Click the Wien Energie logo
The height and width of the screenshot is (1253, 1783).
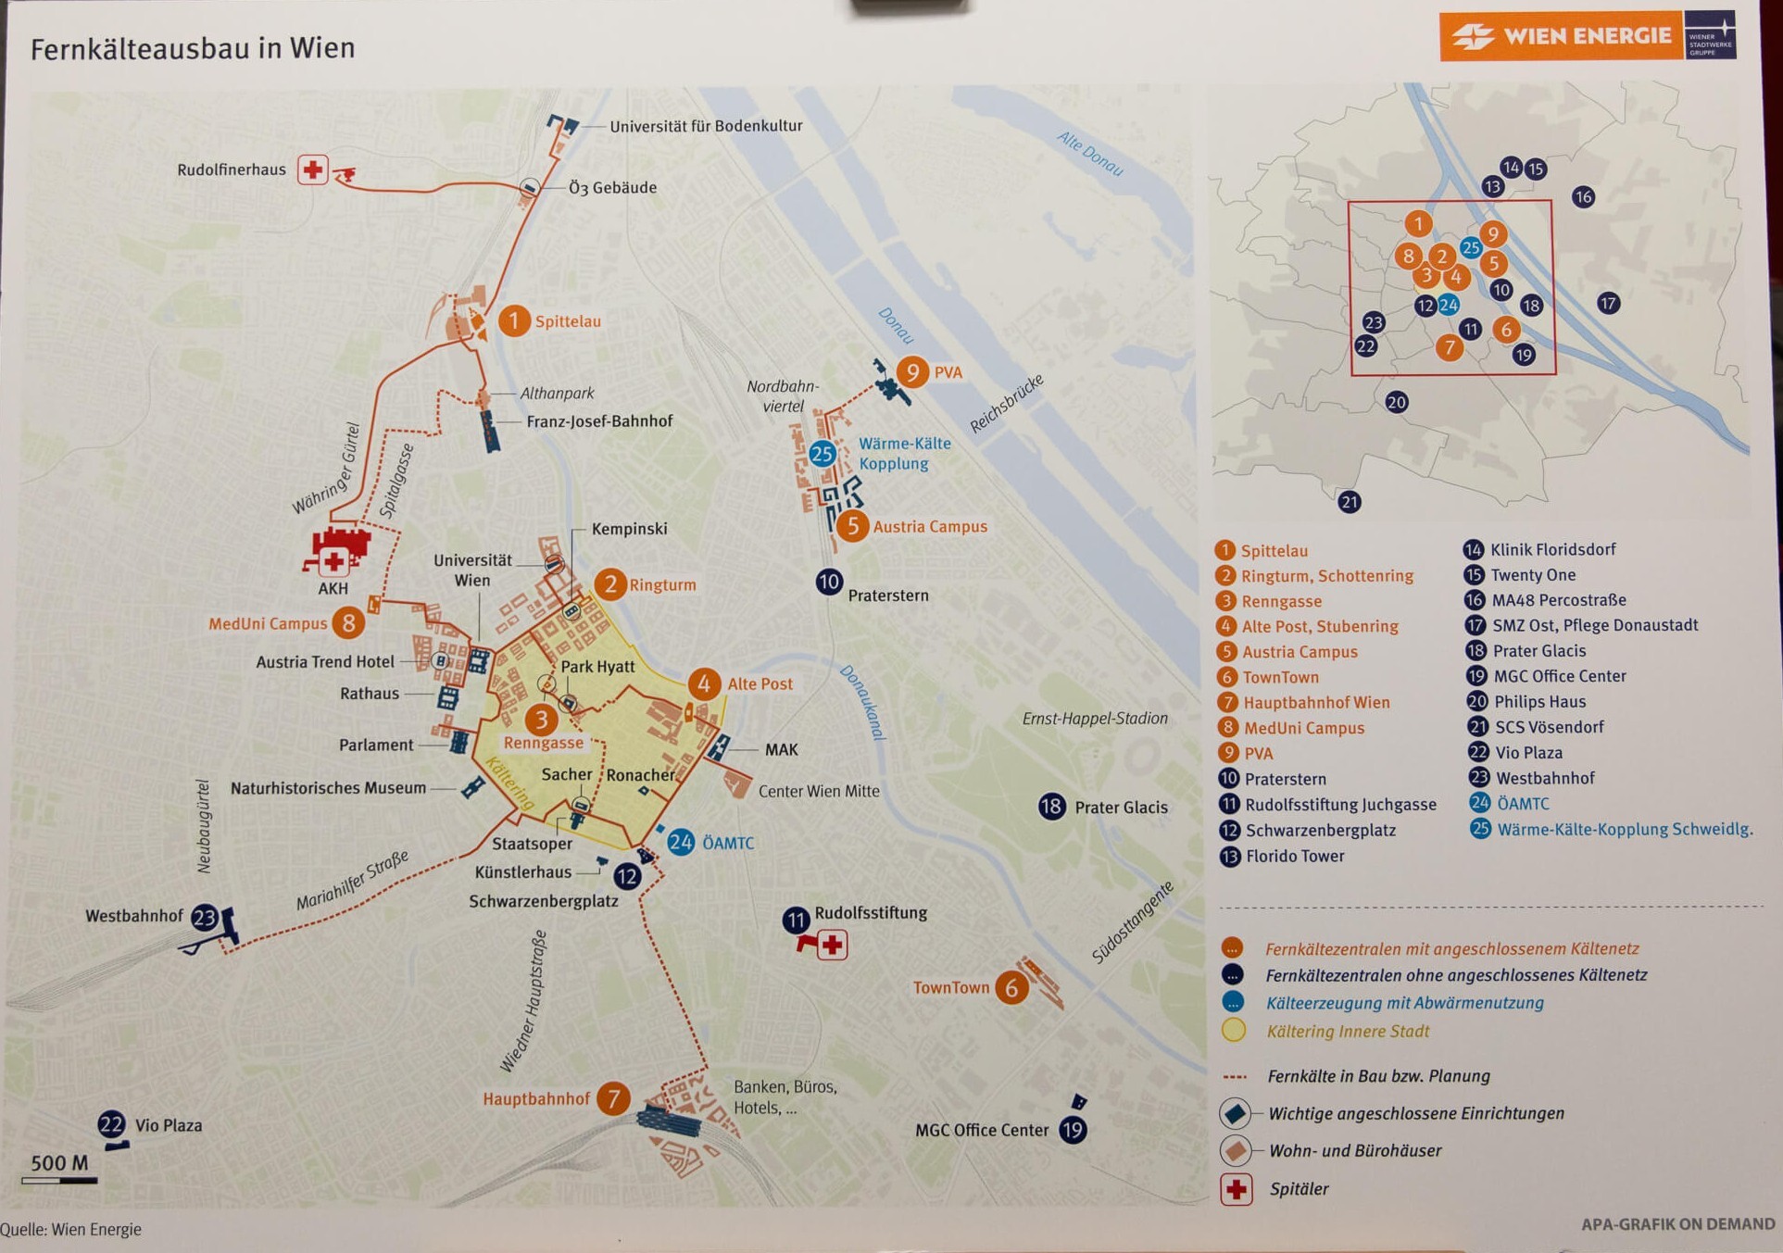[1588, 36]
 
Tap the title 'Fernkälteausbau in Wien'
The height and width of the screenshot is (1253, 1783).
[193, 48]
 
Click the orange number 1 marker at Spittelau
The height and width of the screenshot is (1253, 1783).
[514, 321]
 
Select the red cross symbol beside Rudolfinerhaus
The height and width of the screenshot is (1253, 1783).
[313, 170]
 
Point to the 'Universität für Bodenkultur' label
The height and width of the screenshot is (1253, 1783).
[706, 126]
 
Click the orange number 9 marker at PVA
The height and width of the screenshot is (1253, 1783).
[912, 372]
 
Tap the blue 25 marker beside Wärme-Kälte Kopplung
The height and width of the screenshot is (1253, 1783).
[822, 454]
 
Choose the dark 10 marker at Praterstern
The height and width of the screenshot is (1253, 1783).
[828, 583]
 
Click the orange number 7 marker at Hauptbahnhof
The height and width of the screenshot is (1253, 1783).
[613, 1099]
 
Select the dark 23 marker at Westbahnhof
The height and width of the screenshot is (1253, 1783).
[204, 918]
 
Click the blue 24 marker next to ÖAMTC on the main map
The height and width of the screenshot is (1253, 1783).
[681, 842]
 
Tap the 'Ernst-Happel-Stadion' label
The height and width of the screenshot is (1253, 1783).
[1094, 719]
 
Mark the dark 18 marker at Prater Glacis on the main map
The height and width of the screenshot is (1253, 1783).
[1051, 807]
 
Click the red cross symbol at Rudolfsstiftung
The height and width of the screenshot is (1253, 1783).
[833, 946]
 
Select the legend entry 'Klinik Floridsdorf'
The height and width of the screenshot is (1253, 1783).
[1552, 549]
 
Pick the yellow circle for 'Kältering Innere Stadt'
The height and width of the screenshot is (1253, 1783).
[1233, 1031]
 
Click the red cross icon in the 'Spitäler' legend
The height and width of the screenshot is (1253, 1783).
[1237, 1189]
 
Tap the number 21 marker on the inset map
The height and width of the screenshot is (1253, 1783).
[1350, 502]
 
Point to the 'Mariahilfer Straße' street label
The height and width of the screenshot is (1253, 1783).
[352, 881]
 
